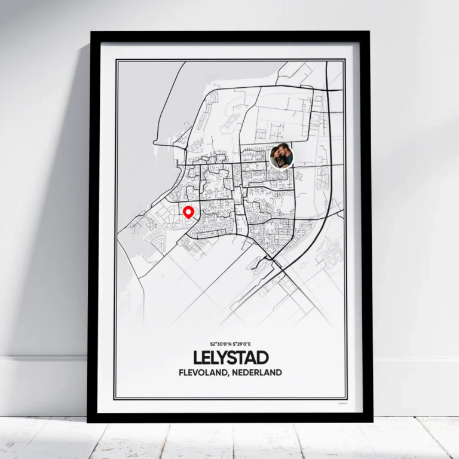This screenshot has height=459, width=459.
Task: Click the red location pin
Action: click(189, 212)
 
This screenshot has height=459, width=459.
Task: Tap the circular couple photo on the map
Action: click(282, 157)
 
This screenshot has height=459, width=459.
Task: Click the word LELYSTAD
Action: click(231, 358)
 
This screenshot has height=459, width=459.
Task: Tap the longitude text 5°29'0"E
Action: click(242, 345)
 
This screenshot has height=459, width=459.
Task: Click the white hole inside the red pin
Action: click(189, 210)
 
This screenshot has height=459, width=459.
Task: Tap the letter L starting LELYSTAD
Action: click(198, 358)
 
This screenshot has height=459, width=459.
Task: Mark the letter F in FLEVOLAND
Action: click(180, 372)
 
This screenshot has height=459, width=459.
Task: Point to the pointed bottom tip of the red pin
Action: click(189, 219)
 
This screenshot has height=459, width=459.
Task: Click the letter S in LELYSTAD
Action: click(236, 358)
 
